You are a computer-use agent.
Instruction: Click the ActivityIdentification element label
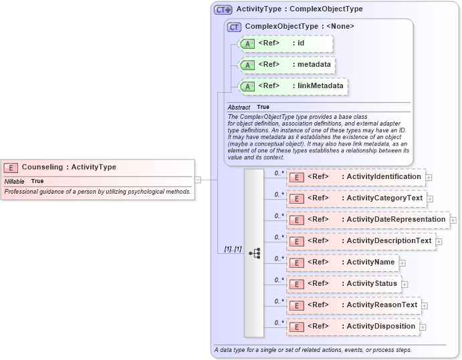pos(384,177)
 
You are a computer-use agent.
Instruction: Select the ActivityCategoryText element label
pos(384,198)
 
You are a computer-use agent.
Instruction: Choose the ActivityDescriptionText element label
pos(389,241)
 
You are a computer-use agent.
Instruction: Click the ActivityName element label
pos(370,262)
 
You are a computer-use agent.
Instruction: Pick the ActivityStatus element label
pos(372,284)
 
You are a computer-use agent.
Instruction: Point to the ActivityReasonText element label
pos(382,305)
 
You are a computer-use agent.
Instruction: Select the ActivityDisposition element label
pos(381,327)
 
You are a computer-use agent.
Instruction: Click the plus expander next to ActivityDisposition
pos(423,327)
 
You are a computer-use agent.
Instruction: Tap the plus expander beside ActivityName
pos(402,263)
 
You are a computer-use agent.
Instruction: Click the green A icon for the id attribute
pos(247,43)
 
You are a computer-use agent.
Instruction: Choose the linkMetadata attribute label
pos(320,86)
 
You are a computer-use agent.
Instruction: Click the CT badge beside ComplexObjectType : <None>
pos(234,27)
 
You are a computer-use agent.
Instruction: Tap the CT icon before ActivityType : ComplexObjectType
pos(223,10)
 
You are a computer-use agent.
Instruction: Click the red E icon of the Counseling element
pos(11,168)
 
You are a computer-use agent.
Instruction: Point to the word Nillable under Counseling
pos(15,181)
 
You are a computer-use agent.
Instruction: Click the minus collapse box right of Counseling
pos(198,180)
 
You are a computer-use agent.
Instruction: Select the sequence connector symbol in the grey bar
pos(254,253)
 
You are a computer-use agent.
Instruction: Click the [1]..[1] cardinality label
pos(233,248)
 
